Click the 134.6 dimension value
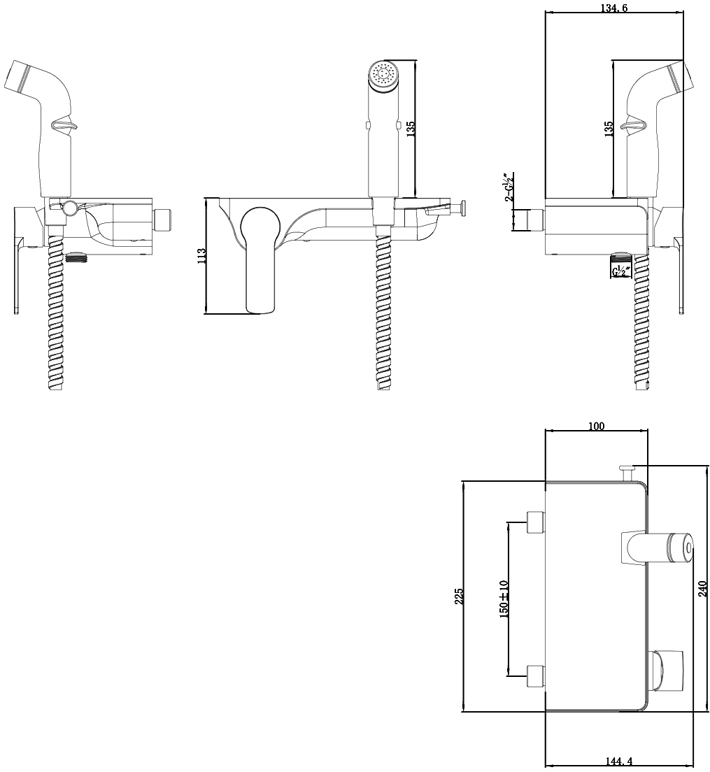point(614,7)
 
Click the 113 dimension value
point(201,256)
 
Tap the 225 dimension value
point(458,596)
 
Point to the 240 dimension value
point(702,589)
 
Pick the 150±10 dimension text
point(503,599)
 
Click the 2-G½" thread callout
point(508,187)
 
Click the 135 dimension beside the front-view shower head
point(411,129)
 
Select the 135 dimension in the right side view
point(609,129)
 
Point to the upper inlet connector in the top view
point(535,522)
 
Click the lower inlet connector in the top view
point(535,676)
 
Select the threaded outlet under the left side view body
point(76,257)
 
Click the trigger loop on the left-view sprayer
point(64,125)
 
